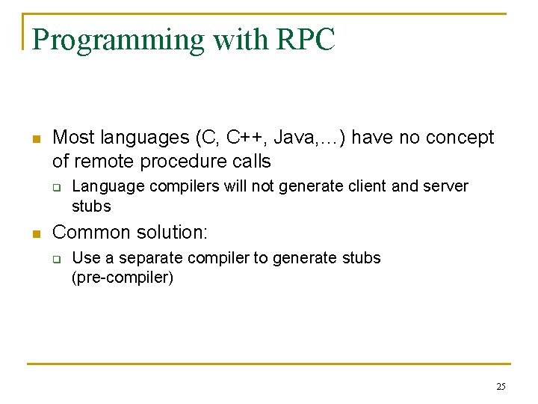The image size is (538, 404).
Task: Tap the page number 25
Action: [500, 386]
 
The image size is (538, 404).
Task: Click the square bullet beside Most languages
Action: [34, 139]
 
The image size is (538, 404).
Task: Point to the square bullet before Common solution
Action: [34, 233]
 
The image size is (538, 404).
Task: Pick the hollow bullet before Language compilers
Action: [56, 187]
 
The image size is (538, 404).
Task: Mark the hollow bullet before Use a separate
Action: [56, 259]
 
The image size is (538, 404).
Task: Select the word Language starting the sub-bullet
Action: [105, 186]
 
